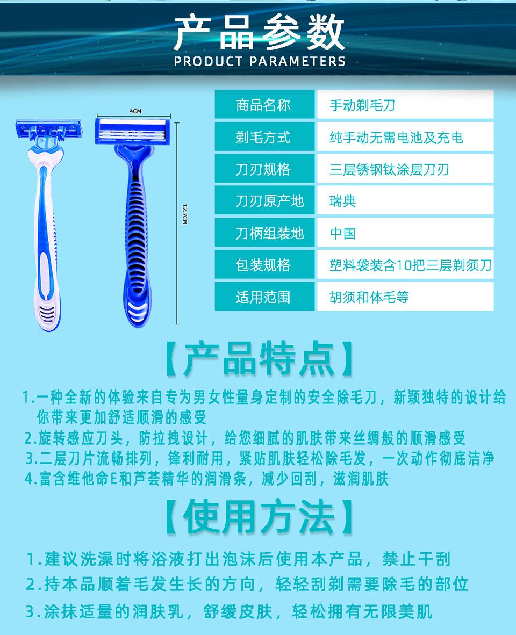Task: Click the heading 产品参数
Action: [259, 32]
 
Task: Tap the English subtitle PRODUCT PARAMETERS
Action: [260, 62]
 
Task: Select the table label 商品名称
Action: [263, 105]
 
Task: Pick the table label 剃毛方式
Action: [263, 138]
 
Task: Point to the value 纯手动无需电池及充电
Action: [396, 138]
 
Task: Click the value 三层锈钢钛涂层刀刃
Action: [389, 169]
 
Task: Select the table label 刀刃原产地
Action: [270, 201]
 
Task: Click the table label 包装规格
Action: [263, 265]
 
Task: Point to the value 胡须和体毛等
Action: [369, 297]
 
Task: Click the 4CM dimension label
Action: [135, 111]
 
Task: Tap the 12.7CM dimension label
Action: [185, 214]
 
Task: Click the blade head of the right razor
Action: [133, 131]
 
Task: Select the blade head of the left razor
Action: [48, 129]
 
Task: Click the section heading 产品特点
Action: [259, 358]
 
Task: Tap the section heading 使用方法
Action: [259, 516]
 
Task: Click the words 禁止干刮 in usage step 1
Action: [417, 559]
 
